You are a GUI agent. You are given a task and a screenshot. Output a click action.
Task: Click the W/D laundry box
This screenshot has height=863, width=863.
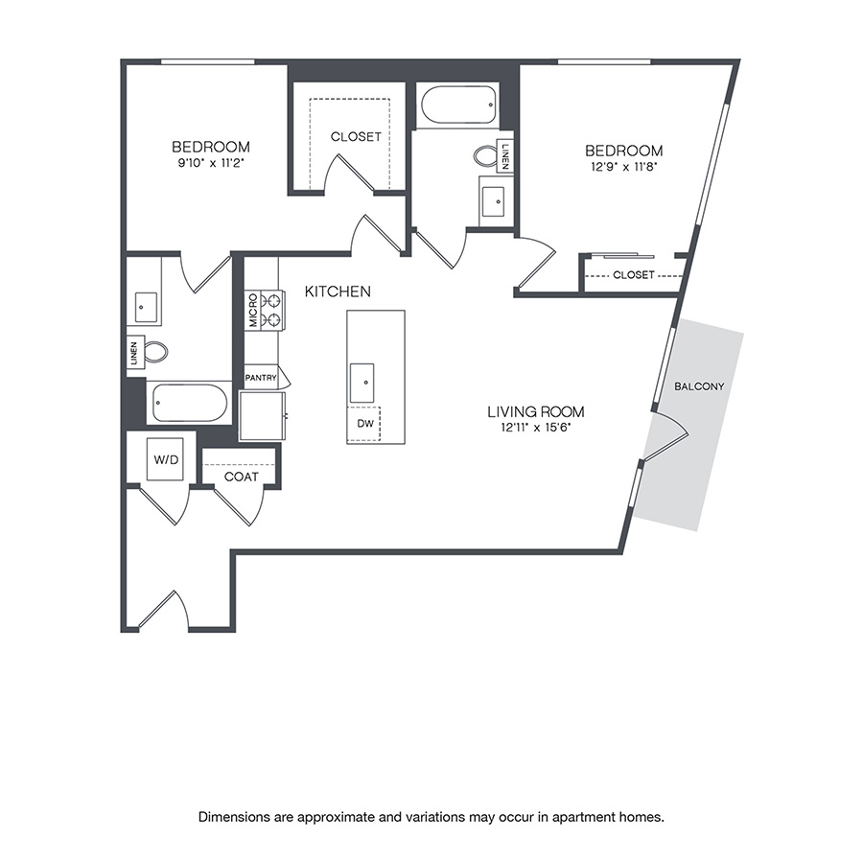click(x=166, y=459)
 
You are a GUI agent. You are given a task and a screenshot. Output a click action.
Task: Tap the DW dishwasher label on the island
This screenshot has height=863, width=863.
click(x=363, y=422)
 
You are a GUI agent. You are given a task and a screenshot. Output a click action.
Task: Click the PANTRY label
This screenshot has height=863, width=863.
click(x=261, y=378)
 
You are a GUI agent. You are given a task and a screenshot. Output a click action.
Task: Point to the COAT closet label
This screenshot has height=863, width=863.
click(x=241, y=477)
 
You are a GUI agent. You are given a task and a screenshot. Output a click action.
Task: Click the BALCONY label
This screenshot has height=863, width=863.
click(x=699, y=386)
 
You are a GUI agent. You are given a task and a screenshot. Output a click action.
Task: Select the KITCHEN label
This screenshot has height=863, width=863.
click(x=338, y=291)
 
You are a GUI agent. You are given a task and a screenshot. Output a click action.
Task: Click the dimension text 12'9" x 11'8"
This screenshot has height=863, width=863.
click(x=623, y=167)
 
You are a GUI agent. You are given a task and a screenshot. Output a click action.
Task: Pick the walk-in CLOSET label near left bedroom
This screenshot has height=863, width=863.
click(x=356, y=137)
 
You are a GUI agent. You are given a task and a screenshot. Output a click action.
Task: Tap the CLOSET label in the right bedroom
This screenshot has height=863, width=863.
click(x=633, y=275)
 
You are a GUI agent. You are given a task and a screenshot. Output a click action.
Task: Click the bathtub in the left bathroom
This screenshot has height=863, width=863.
click(x=189, y=403)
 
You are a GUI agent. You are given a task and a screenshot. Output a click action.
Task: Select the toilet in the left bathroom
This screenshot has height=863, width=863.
click(x=155, y=352)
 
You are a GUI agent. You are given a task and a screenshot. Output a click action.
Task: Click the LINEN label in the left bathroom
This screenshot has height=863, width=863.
click(x=134, y=353)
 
